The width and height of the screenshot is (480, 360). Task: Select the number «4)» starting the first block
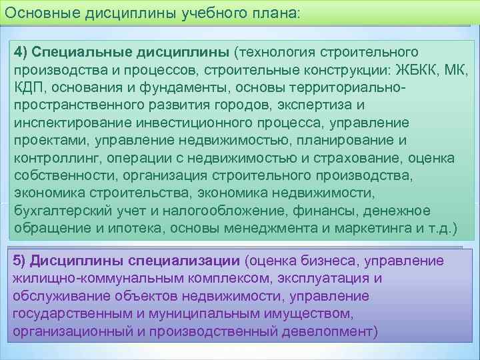[x=21, y=53]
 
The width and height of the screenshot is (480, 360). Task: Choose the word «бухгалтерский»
[x=57, y=211]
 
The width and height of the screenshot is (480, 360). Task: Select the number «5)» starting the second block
[x=21, y=260]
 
